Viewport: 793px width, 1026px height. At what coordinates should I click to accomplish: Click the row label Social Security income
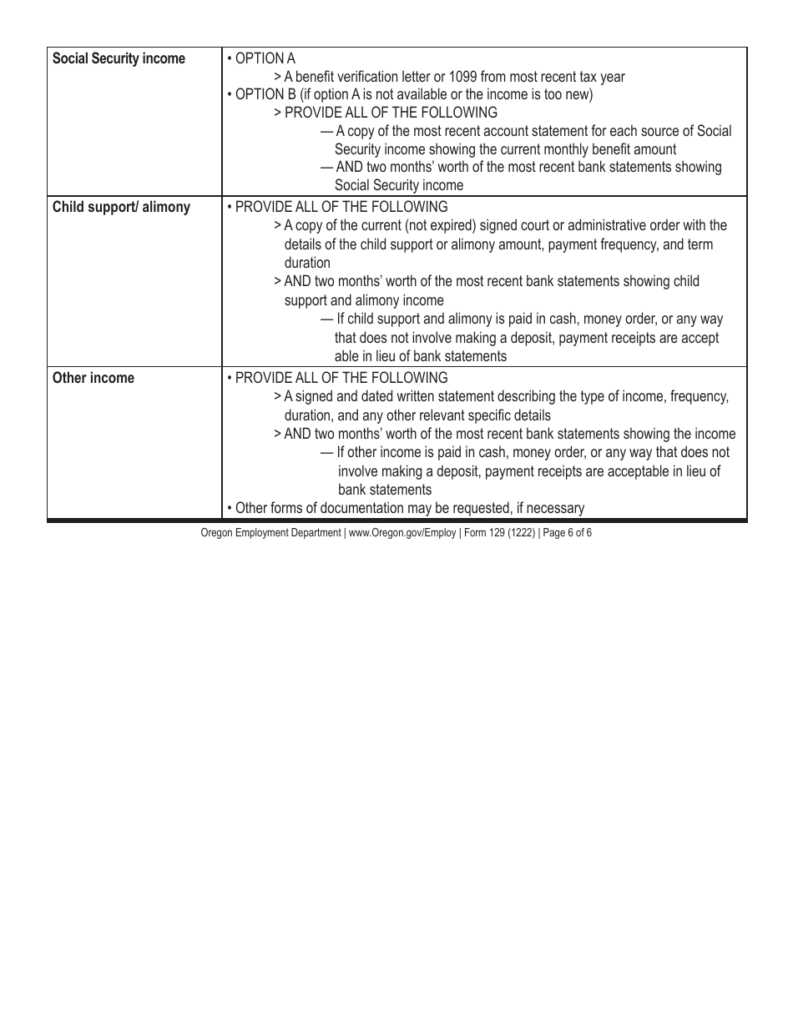(119, 59)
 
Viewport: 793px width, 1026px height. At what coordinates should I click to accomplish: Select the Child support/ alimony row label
(121, 207)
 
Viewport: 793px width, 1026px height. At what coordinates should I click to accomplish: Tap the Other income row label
(93, 378)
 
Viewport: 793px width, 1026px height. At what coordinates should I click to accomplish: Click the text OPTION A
(265, 58)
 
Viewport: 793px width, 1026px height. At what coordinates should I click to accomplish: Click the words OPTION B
(260, 94)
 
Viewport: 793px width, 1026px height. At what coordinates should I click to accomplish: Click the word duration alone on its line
(306, 263)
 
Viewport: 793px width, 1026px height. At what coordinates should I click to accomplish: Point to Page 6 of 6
(567, 532)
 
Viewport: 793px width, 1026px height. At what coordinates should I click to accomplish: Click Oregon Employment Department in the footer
(270, 532)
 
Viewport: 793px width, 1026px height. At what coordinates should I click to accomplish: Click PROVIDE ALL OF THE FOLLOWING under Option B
(390, 113)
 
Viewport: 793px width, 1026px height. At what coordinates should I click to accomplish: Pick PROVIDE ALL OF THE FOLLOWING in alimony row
(341, 207)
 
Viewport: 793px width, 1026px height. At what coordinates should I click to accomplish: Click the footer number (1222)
(520, 532)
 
